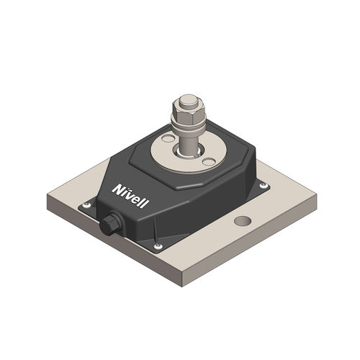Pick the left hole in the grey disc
coord(168,138)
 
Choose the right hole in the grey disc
coord(208,162)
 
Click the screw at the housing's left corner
coord(87,206)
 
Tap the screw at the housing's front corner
coord(158,247)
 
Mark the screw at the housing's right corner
coord(264,185)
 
